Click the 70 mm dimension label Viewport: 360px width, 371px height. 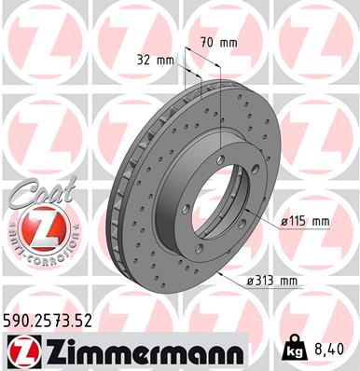coord(218,42)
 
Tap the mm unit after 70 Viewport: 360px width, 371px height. coord(228,42)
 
